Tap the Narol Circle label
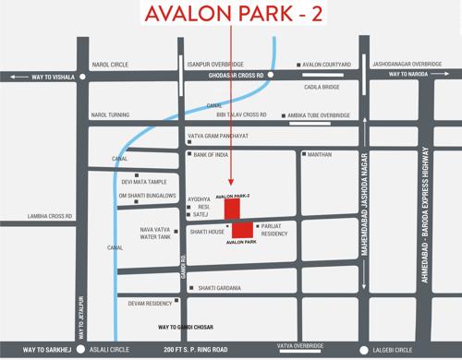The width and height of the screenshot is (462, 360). [109, 65]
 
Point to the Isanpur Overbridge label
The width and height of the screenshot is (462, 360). [215, 65]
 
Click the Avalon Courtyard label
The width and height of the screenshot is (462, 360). [327, 65]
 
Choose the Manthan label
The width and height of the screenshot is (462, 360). [319, 154]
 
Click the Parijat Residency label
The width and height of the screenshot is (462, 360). [274, 230]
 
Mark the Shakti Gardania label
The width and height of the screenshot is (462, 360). [220, 288]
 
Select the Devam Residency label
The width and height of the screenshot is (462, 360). [151, 303]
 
